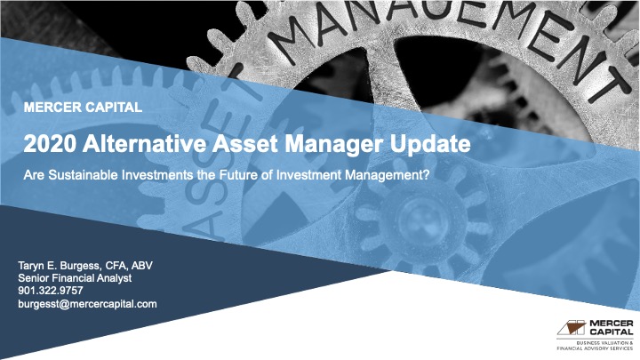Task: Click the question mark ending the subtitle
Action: coord(427,175)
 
